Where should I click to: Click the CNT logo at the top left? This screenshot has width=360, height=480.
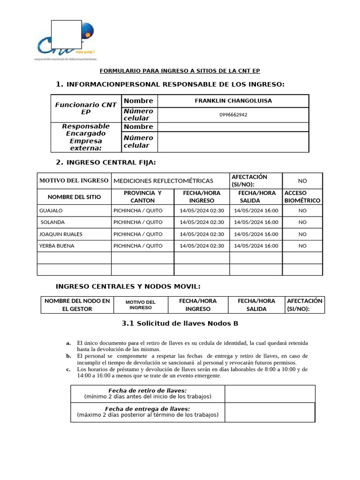point(66,42)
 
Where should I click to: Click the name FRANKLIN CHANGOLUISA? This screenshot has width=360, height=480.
point(233,101)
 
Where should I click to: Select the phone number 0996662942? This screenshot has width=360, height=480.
point(233,115)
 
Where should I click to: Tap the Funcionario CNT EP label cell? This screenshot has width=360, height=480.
point(86,108)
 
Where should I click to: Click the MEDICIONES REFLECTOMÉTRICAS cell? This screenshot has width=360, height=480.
point(163,180)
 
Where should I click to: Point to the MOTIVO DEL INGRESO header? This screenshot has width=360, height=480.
point(74,180)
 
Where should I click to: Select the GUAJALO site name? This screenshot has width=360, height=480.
point(51,210)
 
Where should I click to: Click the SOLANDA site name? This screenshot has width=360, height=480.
point(52,222)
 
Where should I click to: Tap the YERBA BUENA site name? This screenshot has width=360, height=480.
point(57,246)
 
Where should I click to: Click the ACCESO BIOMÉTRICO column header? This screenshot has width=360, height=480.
point(302,196)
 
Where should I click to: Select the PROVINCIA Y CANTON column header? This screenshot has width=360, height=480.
point(142,196)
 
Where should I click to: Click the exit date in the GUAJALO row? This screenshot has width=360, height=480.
point(256,210)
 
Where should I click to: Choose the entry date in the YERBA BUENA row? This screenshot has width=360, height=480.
point(202,246)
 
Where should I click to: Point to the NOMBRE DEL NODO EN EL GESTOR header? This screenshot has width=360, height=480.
point(77,305)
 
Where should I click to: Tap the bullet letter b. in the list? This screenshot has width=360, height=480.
point(68,356)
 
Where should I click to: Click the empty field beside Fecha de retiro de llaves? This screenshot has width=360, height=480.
point(270,394)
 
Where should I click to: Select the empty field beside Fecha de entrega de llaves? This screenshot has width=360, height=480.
point(270,412)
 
